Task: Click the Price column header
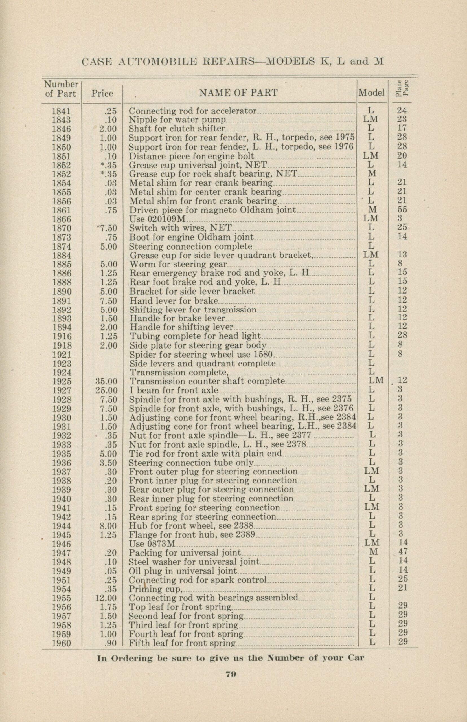tap(102, 94)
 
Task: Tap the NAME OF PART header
tap(238, 93)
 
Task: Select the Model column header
tap(371, 93)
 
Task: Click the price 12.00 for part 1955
tap(106, 598)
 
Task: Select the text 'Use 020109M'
tap(157, 219)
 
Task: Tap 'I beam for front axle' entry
tap(174, 390)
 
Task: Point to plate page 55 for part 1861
tap(402, 210)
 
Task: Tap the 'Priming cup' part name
tap(155, 589)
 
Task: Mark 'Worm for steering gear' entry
tap(178, 264)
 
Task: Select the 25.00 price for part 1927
tap(106, 390)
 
